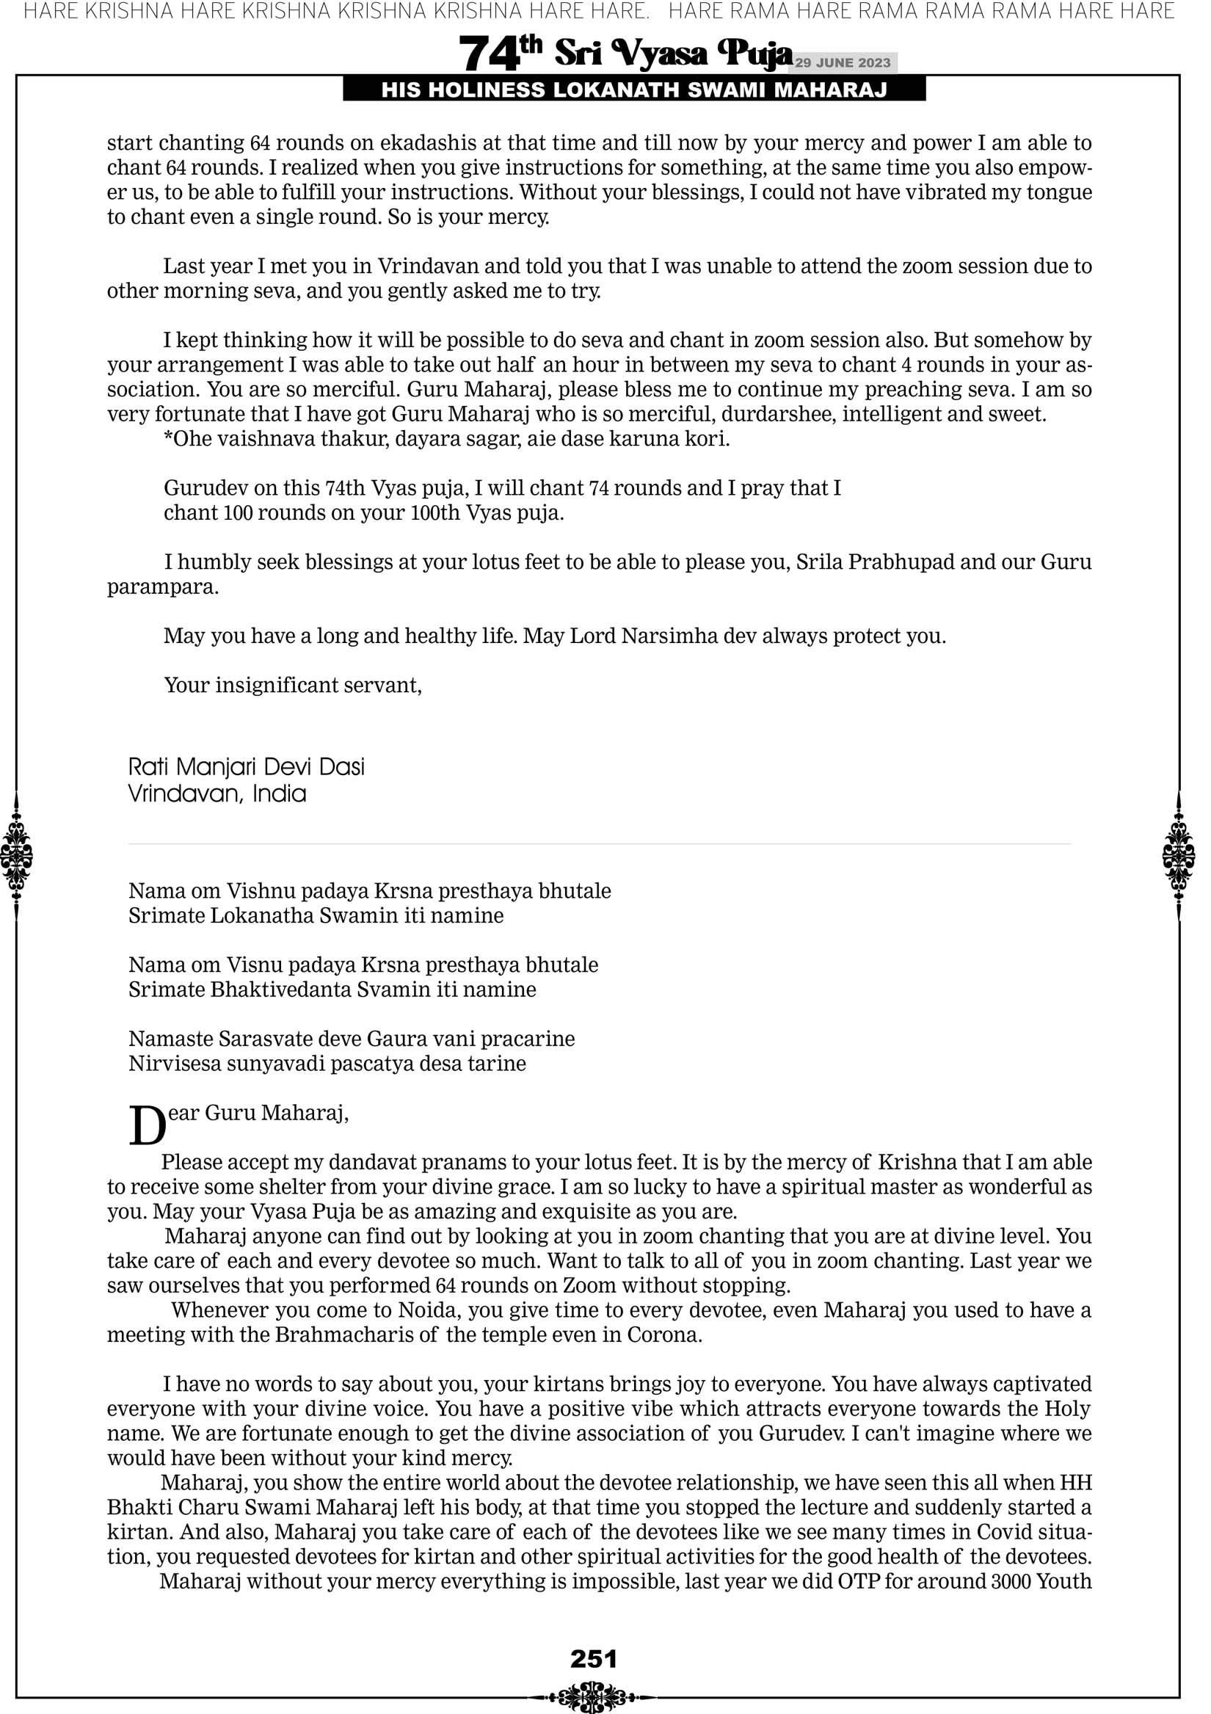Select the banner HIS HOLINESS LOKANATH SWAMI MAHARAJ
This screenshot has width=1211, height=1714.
point(634,90)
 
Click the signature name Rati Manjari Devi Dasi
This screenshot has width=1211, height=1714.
point(247,766)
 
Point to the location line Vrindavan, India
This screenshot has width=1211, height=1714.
point(217,793)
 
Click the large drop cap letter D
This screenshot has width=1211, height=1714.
point(147,1127)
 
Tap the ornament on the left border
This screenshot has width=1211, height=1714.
point(16,855)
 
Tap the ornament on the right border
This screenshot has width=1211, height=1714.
point(1179,855)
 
